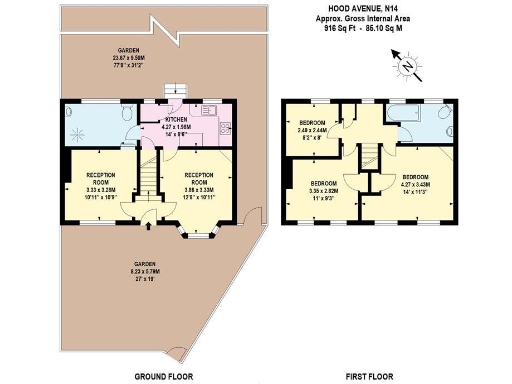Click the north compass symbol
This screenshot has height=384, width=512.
407,67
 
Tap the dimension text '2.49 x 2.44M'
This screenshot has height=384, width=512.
314,131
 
